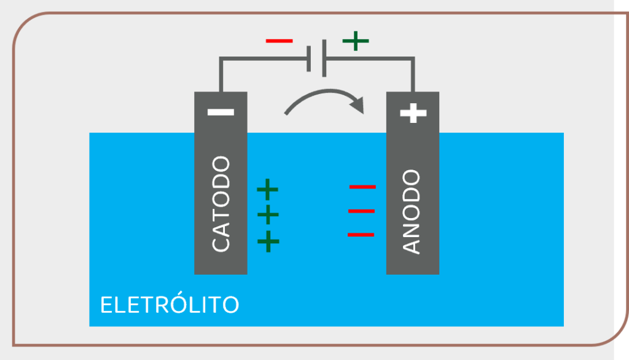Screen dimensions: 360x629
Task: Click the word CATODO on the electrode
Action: pyautogui.click(x=221, y=204)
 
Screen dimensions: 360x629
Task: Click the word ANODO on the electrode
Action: pyautogui.click(x=412, y=212)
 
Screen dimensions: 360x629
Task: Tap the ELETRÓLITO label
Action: pyautogui.click(x=170, y=305)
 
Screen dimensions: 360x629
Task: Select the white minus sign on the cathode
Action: pyautogui.click(x=221, y=112)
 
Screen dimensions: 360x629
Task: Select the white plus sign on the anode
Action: pyautogui.click(x=413, y=112)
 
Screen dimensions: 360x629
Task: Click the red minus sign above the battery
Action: pyautogui.click(x=279, y=41)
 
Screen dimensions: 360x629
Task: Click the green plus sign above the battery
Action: pyautogui.click(x=356, y=41)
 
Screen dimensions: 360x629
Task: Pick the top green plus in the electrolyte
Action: pyautogui.click(x=267, y=189)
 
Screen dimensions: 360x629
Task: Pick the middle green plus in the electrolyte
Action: pyautogui.click(x=268, y=215)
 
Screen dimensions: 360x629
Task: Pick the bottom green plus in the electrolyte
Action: pyautogui.click(x=268, y=241)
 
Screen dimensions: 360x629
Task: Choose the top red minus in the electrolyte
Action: pyautogui.click(x=362, y=186)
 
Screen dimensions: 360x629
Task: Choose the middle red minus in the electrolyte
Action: pyautogui.click(x=361, y=211)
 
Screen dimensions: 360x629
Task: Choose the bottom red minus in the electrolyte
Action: pyautogui.click(x=361, y=235)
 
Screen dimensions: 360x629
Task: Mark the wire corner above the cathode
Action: pyautogui.click(x=221, y=60)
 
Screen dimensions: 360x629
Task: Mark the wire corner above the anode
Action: pyautogui.click(x=412, y=60)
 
